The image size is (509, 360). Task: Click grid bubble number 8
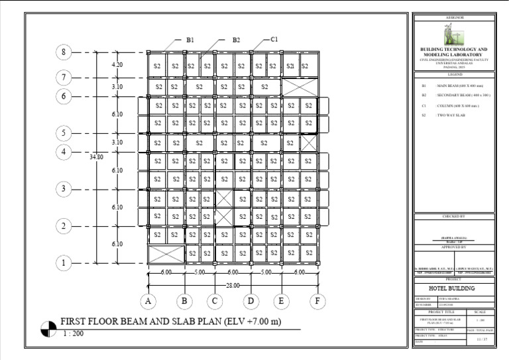pos(64,52)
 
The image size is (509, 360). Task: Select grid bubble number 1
pos(64,264)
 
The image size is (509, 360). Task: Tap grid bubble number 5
pos(64,133)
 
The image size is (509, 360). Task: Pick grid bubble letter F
pos(319,302)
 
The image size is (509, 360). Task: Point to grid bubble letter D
pos(251,302)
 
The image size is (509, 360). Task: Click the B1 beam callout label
pos(190,40)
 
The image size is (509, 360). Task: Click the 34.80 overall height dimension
pos(96,158)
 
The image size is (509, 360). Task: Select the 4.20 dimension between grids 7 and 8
pos(117,65)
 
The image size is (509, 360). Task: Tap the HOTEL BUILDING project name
pos(453,289)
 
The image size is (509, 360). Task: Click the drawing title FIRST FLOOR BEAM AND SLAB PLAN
pos(171,322)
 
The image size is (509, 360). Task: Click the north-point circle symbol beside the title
pos(48,328)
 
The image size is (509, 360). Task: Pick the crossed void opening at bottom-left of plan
pos(165,253)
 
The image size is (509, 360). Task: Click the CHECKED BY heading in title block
pos(454,216)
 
